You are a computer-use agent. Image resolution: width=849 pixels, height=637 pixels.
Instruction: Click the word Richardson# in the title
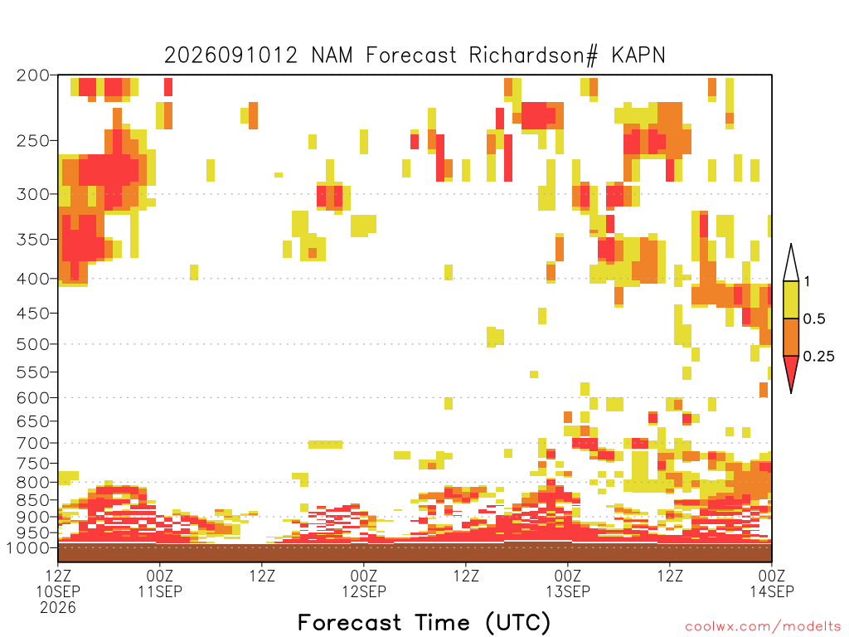(533, 56)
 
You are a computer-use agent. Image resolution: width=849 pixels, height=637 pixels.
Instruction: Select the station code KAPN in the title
(638, 55)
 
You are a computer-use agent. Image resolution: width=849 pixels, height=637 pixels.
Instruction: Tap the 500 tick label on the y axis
(33, 344)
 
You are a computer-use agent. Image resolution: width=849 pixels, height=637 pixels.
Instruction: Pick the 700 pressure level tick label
(33, 443)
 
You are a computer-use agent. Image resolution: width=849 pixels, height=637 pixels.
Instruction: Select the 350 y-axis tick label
(33, 239)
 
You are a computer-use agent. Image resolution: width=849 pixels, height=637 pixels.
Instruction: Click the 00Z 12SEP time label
(364, 583)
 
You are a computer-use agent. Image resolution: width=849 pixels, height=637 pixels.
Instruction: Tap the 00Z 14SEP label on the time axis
(772, 583)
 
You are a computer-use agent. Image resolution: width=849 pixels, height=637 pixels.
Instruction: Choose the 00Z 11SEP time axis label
(160, 583)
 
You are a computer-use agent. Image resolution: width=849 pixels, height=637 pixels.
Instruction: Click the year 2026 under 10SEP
(58, 608)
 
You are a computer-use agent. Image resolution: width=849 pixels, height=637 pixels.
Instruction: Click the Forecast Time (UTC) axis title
(424, 623)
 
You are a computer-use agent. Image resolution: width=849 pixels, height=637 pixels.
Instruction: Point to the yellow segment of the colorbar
(791, 299)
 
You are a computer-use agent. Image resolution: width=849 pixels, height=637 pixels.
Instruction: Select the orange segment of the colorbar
(791, 337)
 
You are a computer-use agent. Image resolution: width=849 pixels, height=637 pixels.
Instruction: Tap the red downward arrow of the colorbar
(791, 371)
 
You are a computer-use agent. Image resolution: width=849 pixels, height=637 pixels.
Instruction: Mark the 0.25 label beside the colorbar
(818, 357)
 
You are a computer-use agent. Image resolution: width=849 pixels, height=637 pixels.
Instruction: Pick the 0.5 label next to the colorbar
(814, 319)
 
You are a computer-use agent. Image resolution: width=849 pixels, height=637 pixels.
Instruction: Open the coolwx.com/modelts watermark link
(764, 627)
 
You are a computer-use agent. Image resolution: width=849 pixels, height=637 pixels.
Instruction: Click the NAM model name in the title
(332, 55)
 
